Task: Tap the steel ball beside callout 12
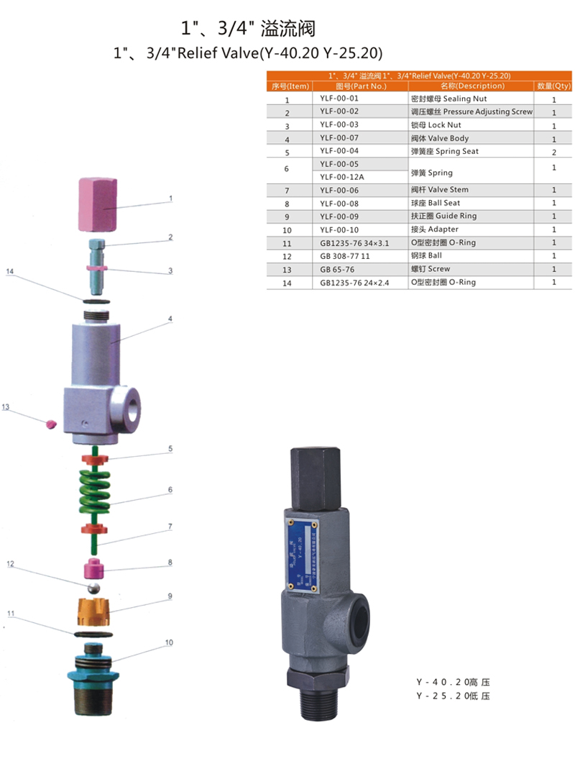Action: [93, 588]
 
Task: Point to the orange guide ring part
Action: [94, 611]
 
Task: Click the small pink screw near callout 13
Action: [50, 424]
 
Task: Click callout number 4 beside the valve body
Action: [170, 319]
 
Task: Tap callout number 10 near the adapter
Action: [169, 642]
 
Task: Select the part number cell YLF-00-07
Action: [339, 138]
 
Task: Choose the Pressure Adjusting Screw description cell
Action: [471, 112]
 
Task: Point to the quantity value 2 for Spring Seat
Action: [554, 153]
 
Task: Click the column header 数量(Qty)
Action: [553, 86]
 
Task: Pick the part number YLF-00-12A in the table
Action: [342, 177]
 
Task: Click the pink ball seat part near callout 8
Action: [93, 568]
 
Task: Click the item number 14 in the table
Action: [287, 283]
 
